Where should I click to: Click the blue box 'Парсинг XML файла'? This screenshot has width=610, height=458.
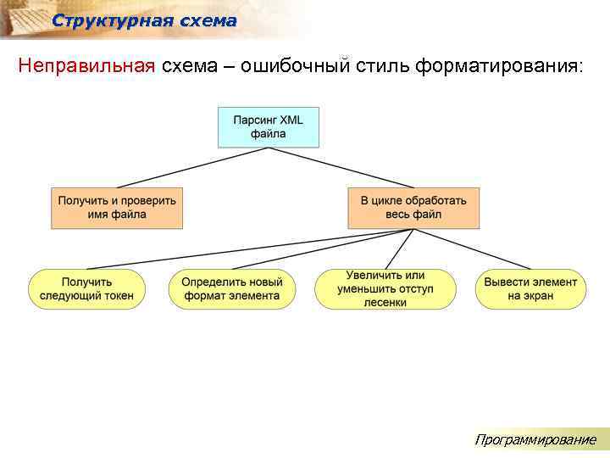tap(268, 126)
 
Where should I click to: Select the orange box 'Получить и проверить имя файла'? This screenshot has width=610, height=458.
tap(117, 208)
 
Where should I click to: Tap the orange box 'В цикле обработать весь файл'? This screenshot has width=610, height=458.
tap(413, 208)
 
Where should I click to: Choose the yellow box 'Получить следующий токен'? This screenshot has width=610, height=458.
tap(86, 288)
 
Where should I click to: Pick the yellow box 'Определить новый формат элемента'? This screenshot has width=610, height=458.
tap(231, 288)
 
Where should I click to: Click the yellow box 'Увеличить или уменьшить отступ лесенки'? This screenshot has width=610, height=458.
tap(385, 288)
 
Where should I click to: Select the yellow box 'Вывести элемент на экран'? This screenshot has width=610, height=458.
tap(530, 288)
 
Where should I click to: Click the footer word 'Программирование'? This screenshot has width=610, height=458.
tap(535, 439)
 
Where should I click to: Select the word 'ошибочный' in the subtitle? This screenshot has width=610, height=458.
tap(293, 67)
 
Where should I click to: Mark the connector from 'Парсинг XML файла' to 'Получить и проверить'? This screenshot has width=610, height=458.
tap(193, 167)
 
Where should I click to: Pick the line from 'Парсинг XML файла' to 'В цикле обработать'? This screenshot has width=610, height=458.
tap(341, 167)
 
